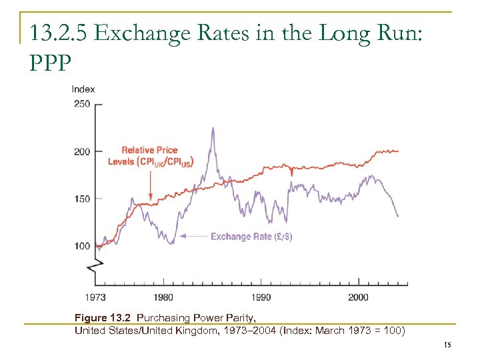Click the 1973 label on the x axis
point(95,297)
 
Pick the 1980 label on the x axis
point(163,297)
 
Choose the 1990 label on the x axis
point(261,297)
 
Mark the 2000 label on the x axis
point(358,297)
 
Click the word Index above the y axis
point(83,89)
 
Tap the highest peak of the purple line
point(213,128)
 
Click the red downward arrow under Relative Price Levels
point(151,183)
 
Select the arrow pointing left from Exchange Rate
point(193,236)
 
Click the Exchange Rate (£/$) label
point(251,236)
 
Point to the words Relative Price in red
point(147,151)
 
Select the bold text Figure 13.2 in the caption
point(103,318)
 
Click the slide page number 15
point(447,344)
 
